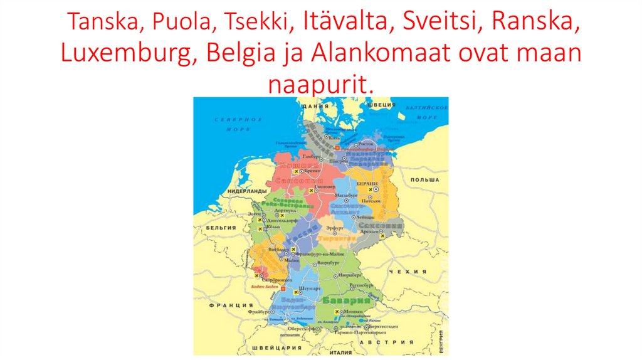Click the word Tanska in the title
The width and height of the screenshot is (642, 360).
(x=100, y=23)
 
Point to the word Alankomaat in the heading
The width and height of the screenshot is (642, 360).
(x=383, y=54)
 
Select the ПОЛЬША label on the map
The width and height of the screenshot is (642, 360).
(x=424, y=179)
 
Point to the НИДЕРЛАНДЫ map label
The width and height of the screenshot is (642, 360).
(x=248, y=191)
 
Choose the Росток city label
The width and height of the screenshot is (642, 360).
(x=365, y=143)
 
